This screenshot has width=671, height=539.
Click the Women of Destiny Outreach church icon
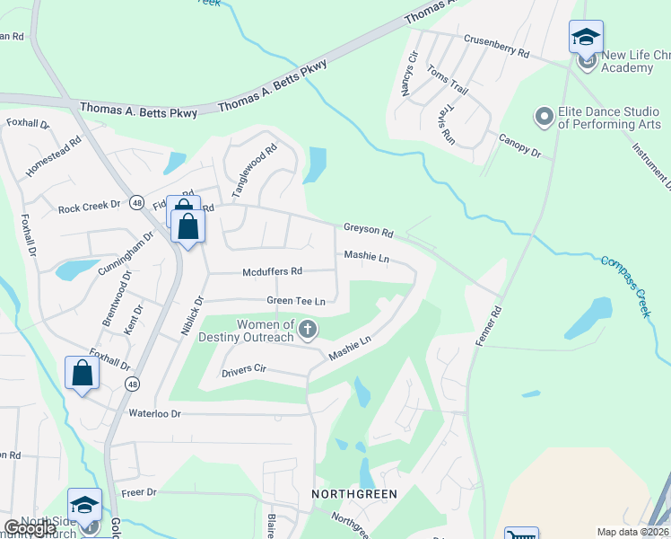pos(308,329)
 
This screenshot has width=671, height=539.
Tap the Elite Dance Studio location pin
pos(544,117)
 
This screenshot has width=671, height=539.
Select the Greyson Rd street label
pos(368,232)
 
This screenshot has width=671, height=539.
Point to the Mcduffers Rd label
pos(272,271)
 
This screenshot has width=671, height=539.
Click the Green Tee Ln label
pos(294,301)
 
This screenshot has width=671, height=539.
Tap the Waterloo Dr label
pos(155,413)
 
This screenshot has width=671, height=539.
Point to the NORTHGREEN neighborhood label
pos(353,494)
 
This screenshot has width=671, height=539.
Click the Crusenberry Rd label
pos(496,45)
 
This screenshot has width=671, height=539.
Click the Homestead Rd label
pos(55,155)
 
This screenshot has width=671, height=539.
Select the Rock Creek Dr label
pos(89,208)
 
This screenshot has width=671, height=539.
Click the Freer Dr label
pos(139,492)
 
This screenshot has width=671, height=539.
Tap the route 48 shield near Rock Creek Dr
pos(136,202)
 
